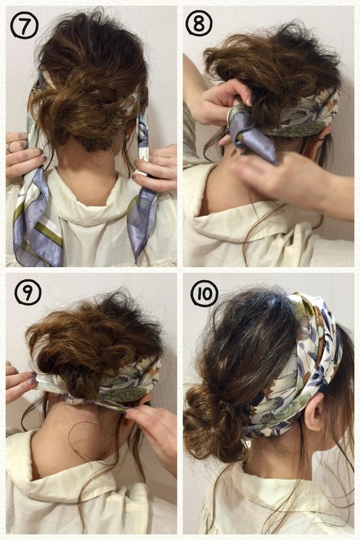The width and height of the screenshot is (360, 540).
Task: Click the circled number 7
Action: point(24,26)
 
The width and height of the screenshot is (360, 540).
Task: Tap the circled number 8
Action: point(199,24)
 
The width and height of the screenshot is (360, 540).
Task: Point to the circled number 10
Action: point(205,293)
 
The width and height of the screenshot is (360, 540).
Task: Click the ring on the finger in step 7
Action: point(9,147)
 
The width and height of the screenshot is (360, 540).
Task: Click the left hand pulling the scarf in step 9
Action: point(20,382)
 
